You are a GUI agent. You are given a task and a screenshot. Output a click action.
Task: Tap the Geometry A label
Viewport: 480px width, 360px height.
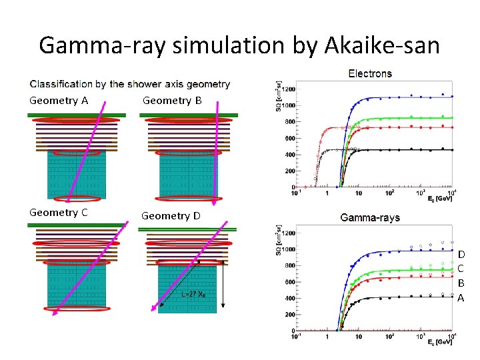coord(59,101)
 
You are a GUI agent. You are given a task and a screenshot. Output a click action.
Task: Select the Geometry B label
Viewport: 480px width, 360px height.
coord(172,101)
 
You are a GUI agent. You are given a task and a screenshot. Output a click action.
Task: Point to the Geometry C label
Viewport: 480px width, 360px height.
coord(59,213)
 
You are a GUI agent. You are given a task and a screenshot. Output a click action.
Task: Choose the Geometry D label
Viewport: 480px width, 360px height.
coord(171,215)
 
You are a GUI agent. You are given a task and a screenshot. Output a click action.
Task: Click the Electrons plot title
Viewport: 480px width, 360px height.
coord(370,73)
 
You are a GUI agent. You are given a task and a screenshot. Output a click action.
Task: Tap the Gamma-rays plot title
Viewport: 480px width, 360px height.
coord(369,217)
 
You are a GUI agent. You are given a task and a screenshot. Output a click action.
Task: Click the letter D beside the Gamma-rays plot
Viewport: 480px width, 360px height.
coord(461,254)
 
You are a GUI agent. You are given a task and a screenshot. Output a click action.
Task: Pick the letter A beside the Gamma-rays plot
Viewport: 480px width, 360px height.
coord(461,298)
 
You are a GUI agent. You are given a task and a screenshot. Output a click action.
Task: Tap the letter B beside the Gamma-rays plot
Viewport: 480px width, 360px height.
coord(461,283)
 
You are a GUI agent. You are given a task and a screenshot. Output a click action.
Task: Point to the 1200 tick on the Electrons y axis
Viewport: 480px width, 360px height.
coord(287,90)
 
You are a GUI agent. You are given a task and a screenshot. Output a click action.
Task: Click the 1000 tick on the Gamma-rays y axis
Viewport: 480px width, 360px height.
coord(287,249)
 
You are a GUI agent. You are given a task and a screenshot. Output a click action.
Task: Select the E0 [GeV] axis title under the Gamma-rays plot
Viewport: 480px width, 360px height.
coord(439,342)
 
